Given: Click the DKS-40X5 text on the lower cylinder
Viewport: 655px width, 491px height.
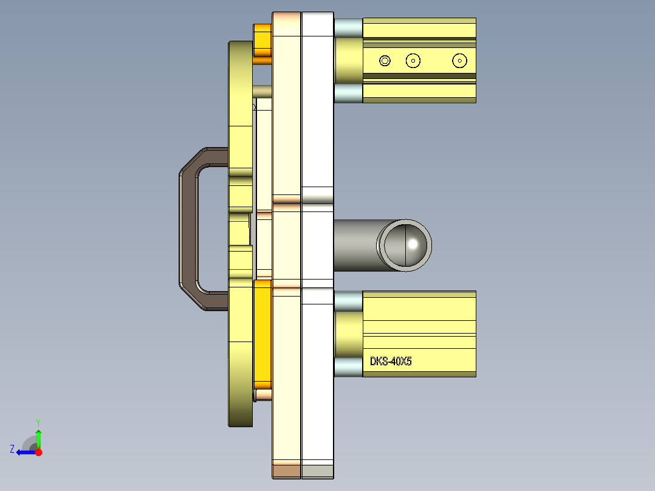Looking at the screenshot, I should pos(391,362).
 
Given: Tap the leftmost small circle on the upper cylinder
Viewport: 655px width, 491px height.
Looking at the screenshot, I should pos(384,60).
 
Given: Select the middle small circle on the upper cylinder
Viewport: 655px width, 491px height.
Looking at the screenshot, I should pos(413,60).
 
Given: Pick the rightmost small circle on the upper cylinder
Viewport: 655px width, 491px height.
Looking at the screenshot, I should pos(459,60).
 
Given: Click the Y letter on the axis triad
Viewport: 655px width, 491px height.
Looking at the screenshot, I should pos(38,422).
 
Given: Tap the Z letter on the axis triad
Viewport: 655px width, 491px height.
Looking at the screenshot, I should pos(12,449).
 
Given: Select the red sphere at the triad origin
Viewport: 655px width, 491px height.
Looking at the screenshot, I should pos(38,452).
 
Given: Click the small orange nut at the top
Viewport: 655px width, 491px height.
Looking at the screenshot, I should pos(262,44).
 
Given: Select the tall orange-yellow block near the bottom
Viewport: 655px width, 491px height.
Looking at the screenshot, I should pos(262,334).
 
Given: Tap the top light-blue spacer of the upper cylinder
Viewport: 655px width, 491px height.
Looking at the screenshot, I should pos(348,27).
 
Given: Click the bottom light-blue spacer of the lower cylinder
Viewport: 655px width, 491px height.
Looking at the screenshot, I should pos(348,367).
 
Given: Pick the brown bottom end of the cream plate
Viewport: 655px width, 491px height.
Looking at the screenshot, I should pos(286,470).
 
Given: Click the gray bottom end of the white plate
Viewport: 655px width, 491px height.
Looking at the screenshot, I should pos(317,471).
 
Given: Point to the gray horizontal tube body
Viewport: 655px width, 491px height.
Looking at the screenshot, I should pos(355,244).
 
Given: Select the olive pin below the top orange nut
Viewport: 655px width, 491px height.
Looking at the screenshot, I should pos(262,91).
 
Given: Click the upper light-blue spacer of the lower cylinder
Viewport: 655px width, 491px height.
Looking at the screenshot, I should pos(348,301).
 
